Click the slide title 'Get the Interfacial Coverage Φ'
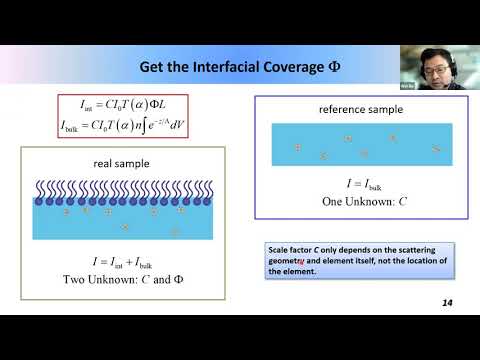[239, 67]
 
